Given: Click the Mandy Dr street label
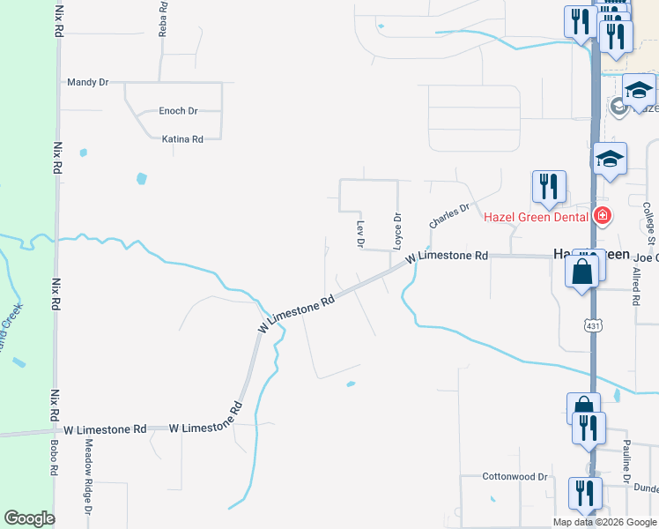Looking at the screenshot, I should click(87, 82).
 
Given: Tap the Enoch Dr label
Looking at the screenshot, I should click(178, 111).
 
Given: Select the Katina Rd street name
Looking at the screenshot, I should click(183, 139).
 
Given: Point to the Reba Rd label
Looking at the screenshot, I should click(162, 19).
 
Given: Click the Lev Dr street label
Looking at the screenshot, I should click(359, 234).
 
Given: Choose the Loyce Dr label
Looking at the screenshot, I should click(397, 229).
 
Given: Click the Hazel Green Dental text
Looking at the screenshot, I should click(536, 215).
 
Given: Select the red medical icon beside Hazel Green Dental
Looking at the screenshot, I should click(603, 215).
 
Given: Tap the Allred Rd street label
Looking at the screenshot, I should click(635, 283).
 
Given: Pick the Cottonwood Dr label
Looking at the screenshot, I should click(515, 476).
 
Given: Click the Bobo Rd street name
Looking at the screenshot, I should click(54, 458).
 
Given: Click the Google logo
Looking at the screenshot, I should click(29, 518).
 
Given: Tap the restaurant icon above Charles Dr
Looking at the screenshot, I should click(549, 185).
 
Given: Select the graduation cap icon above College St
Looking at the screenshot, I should click(610, 159).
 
